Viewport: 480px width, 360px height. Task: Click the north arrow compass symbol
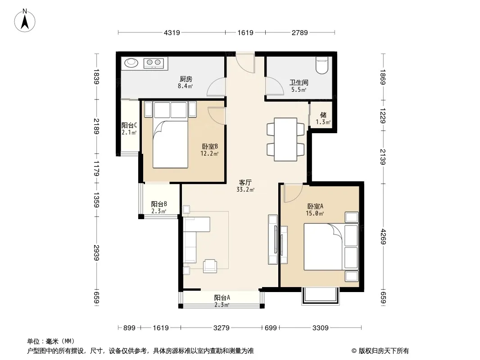[x=25, y=21]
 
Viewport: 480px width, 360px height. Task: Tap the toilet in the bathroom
[x=322, y=65]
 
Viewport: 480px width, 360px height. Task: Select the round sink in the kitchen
[x=131, y=63]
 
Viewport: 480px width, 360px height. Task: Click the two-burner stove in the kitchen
[x=154, y=63]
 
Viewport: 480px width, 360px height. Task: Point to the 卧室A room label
[x=315, y=207]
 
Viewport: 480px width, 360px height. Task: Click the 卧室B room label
[x=210, y=147]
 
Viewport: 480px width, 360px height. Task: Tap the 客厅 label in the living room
[x=245, y=183]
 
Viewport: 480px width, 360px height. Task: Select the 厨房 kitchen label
[x=186, y=79]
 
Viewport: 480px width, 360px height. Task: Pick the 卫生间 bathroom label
[x=299, y=83]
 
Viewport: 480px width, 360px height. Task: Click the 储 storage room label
[x=323, y=115]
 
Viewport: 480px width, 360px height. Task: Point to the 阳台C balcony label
[x=129, y=126]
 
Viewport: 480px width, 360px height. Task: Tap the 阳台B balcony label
[x=159, y=204]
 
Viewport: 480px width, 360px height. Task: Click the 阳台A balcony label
[x=222, y=297]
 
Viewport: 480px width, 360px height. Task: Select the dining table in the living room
[x=285, y=139]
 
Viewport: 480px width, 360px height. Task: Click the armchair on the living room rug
[x=210, y=265]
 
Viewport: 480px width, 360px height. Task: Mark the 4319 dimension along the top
[x=172, y=32]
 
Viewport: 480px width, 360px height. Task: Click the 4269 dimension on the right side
[x=383, y=237]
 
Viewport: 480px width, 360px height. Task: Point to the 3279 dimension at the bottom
[x=222, y=328]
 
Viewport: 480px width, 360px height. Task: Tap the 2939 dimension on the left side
[x=96, y=252]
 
